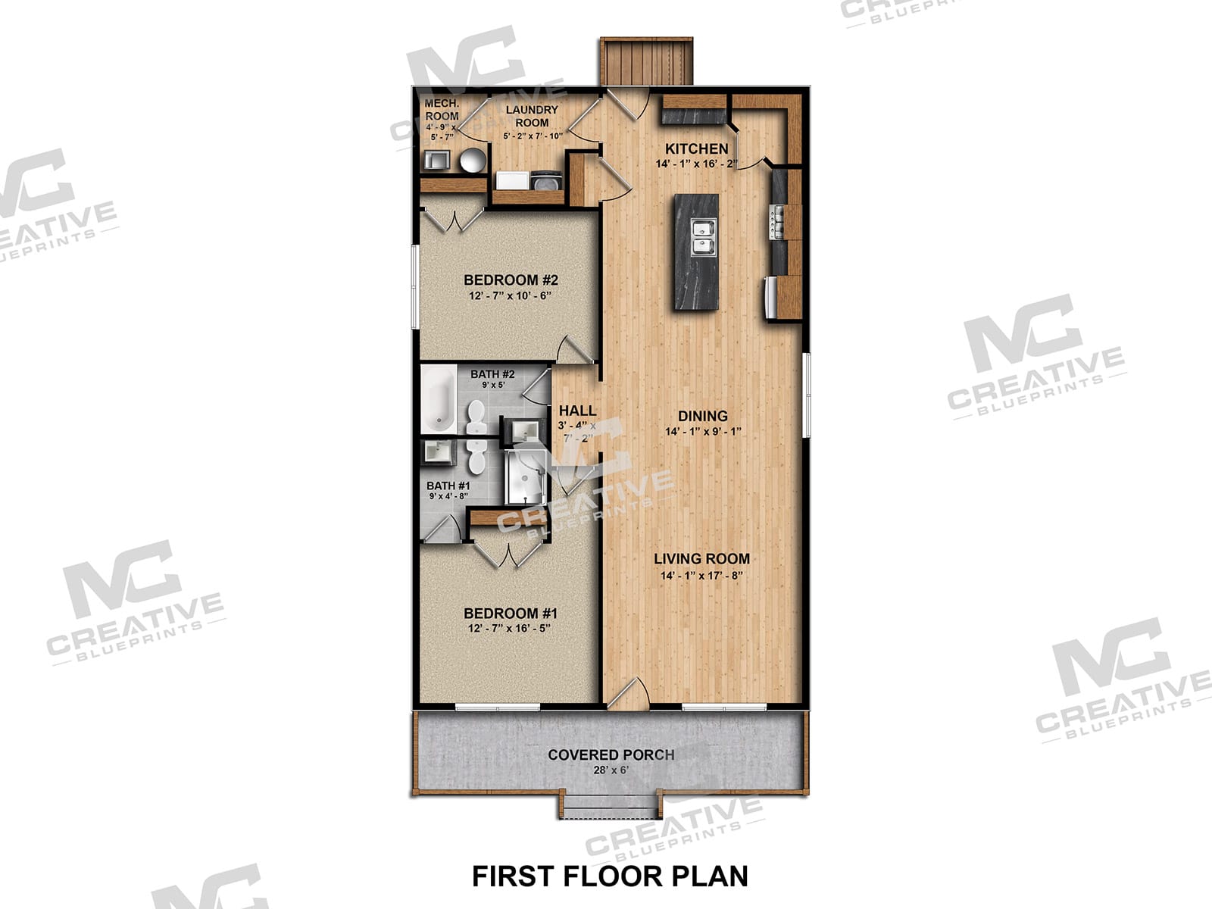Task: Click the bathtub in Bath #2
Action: tap(439, 399)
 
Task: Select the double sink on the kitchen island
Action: tap(704, 237)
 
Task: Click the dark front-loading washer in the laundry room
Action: tap(546, 181)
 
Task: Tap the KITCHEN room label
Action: tap(696, 149)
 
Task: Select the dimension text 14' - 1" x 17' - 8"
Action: tap(701, 576)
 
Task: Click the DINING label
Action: tap(702, 416)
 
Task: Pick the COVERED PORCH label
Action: tap(611, 755)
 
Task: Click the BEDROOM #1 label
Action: tap(511, 613)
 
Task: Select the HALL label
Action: tap(577, 411)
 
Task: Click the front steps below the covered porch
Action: tap(610, 805)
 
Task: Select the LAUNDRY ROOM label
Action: tap(532, 116)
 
